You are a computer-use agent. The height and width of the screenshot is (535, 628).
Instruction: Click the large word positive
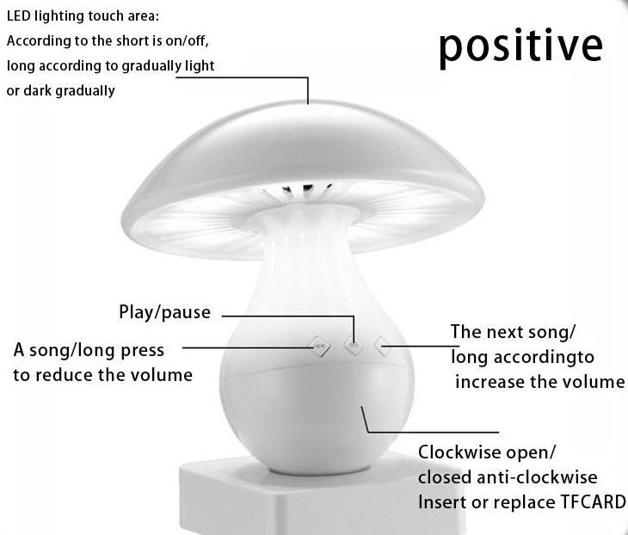[x=520, y=48]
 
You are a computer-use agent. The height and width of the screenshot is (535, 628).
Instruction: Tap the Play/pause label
[x=164, y=312]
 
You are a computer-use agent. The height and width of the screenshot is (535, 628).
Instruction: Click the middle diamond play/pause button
[x=354, y=345]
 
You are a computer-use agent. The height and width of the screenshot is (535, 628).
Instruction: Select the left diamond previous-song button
[x=319, y=346]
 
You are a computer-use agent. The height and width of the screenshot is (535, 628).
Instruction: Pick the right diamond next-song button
[x=382, y=347]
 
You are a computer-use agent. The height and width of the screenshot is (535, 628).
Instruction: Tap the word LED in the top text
[x=18, y=16]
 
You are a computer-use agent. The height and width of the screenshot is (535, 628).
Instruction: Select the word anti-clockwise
[x=537, y=477]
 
